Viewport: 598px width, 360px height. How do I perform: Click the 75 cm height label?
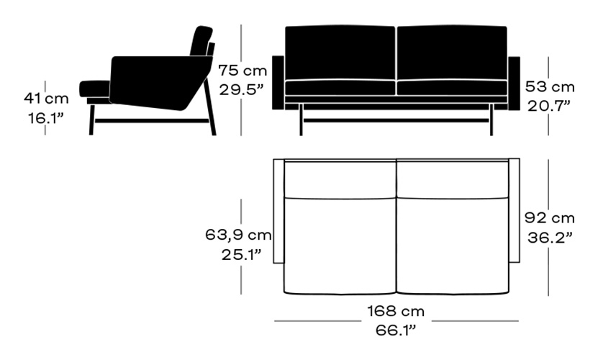click(243, 71)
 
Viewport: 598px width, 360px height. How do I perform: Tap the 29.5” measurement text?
click(241, 90)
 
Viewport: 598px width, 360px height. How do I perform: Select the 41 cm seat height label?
click(46, 99)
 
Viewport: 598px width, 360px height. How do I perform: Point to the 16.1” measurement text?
click(45, 118)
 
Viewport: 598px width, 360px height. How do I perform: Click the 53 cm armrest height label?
click(550, 87)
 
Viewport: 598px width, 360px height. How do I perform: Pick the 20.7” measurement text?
click(549, 107)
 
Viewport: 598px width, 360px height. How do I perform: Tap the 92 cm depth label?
click(550, 218)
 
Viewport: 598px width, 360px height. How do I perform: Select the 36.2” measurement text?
click(550, 238)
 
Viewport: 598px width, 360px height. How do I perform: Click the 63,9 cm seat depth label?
click(238, 235)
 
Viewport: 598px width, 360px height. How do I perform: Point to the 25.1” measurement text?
click(241, 254)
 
